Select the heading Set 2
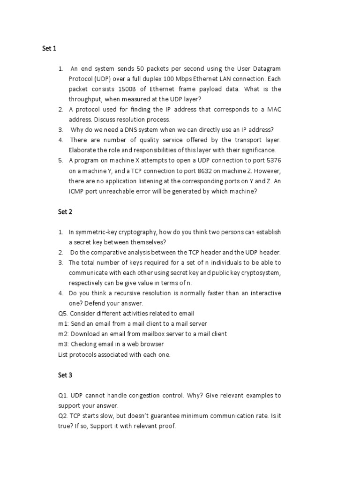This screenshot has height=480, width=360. click(x=65, y=211)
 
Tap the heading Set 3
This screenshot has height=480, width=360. click(x=65, y=375)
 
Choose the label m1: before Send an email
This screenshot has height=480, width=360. click(x=63, y=323)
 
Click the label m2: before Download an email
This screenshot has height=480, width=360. click(x=63, y=334)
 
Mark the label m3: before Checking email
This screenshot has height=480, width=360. click(x=63, y=344)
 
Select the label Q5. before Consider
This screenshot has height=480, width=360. click(x=63, y=313)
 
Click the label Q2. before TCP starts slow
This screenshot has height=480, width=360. click(x=63, y=416)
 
